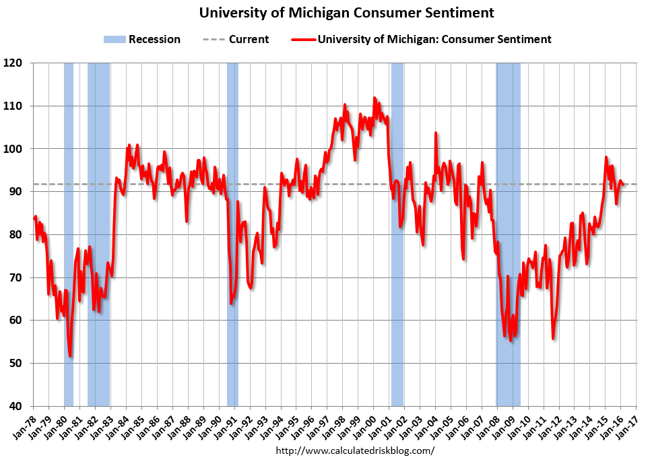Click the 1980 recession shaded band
tap(68, 236)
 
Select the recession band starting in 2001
tap(397, 236)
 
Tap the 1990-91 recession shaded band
tap(232, 236)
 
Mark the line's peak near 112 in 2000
tap(374, 98)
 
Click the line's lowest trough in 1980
tap(70, 356)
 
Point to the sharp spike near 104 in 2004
tap(436, 133)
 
